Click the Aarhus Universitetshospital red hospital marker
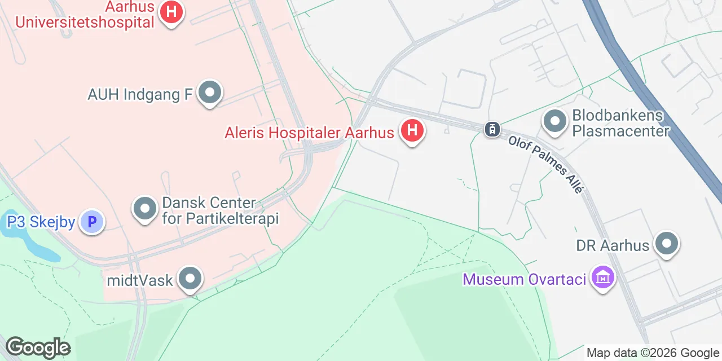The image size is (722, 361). (x=171, y=11)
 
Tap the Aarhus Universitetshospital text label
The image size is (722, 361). (x=85, y=16)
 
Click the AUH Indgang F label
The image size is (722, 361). (x=140, y=94)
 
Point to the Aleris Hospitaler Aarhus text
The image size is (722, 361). (x=309, y=133)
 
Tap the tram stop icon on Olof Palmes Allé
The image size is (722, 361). (x=492, y=129)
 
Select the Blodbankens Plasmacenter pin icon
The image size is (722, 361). (x=555, y=120)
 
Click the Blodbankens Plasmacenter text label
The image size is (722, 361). (x=620, y=123)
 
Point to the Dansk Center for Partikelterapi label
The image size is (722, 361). (x=221, y=210)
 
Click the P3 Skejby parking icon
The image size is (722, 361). (x=91, y=222)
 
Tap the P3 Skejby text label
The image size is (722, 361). (x=41, y=222)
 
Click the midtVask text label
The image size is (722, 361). (x=139, y=280)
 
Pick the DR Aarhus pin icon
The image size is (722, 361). (x=667, y=244)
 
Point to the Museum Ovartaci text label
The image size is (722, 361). (x=525, y=279)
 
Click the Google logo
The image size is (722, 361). (x=38, y=347)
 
